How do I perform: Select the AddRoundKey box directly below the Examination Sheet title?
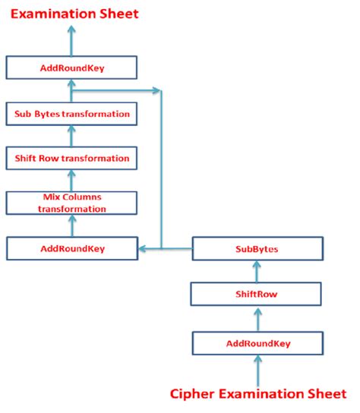click(71, 68)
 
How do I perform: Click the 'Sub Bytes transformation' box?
click(71, 114)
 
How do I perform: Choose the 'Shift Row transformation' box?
click(71, 159)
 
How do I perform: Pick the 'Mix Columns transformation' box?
click(71, 203)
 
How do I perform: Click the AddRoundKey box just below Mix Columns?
click(71, 247)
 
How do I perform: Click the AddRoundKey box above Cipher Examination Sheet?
click(258, 343)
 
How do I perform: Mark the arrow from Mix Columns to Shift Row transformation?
click(72, 181)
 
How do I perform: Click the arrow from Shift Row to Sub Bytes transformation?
click(72, 136)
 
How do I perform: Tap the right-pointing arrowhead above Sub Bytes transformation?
click(157, 91)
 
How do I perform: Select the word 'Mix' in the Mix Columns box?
click(51, 197)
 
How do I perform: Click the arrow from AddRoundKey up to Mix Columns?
click(72, 225)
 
